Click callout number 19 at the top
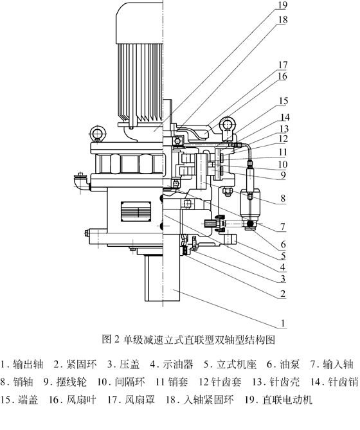(265, 7)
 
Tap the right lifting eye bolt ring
(226, 123)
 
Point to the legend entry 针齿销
(341, 382)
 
